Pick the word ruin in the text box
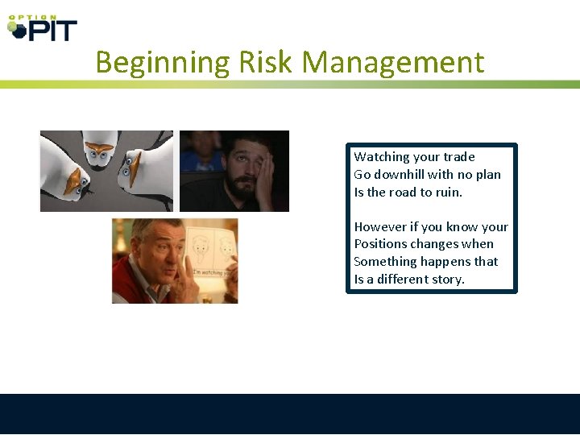click(444, 193)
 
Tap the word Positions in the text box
click(379, 244)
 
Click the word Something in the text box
click(384, 262)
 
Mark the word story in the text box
click(448, 280)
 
